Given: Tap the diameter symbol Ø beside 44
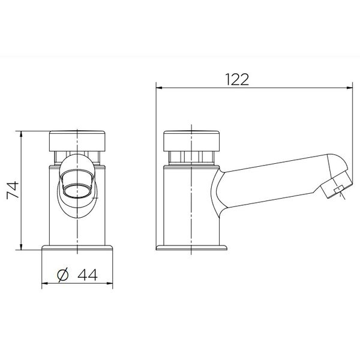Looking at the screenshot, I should coord(63,275).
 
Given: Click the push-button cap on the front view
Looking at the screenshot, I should coord(78,140).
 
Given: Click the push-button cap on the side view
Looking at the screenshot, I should coord(191,140).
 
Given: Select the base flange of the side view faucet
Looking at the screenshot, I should coord(192,248).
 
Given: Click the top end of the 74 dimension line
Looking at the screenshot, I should coord(22,130).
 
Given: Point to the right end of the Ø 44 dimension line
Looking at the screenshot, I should coord(114,283).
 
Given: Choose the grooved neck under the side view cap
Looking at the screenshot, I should coord(191,158).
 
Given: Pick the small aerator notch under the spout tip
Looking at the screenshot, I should coord(338,192).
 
